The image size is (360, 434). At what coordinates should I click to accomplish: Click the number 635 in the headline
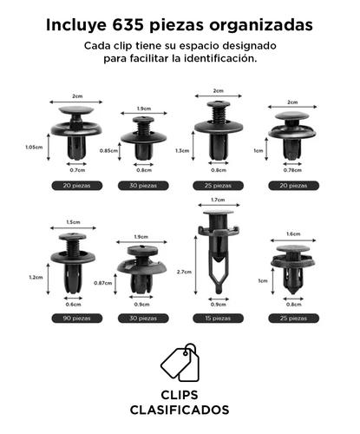tap(128, 25)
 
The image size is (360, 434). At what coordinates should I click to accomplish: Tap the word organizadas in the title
tap(261, 26)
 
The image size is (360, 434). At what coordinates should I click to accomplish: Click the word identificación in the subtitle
tap(220, 58)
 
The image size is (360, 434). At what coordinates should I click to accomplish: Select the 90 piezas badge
tap(77, 319)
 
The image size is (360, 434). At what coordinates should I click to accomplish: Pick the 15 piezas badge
tap(218, 319)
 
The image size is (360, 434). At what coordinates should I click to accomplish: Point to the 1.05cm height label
tap(34, 147)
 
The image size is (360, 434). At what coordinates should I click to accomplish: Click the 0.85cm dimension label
tap(108, 151)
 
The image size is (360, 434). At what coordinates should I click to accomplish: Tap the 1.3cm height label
tap(182, 151)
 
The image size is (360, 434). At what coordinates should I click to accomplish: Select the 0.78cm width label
tap(292, 170)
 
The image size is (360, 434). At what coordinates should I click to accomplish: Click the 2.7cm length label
tap(184, 272)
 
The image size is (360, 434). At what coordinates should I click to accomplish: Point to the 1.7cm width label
tap(218, 200)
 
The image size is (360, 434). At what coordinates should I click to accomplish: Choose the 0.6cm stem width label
tap(73, 305)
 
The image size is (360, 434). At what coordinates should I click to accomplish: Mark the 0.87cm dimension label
tap(103, 283)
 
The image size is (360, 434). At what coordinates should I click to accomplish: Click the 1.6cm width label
tap(293, 233)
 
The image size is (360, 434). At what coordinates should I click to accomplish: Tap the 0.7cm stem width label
tap(77, 170)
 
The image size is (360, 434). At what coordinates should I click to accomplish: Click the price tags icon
tap(180, 363)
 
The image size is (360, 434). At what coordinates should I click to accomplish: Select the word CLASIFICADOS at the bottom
tap(180, 410)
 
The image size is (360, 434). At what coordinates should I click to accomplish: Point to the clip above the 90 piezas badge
tap(73, 263)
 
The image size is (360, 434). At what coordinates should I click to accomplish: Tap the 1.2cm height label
tap(36, 277)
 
